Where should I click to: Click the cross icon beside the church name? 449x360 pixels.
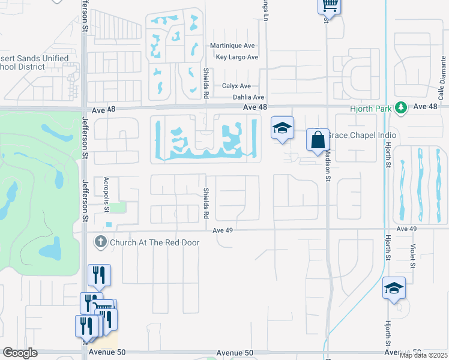coord(100,242)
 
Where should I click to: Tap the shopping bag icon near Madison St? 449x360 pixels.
coord(317,140)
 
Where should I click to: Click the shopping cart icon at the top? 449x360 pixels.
coord(329,5)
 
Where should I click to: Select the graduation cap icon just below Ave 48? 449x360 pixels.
coord(282,128)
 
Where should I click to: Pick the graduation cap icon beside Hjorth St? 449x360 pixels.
coord(394,289)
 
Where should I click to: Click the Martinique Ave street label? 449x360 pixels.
coord(234,46)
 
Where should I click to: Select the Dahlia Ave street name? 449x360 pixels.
coord(248,97)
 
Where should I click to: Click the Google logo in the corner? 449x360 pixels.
coord(20,353)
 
